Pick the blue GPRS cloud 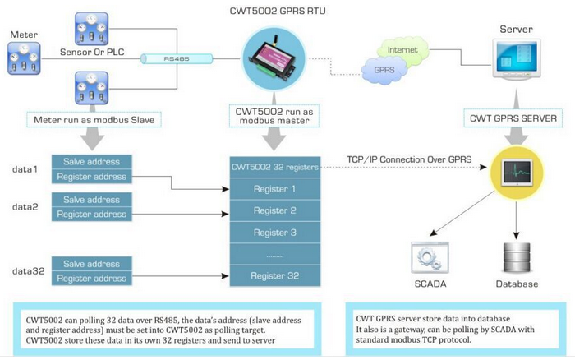[384, 70]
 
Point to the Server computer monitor [517, 62]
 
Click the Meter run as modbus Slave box [92, 119]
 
